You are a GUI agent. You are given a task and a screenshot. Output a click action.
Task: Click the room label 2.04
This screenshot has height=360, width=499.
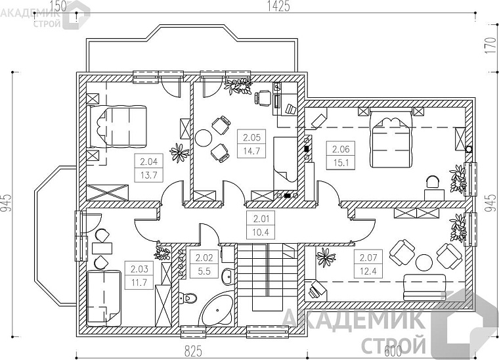[149, 162]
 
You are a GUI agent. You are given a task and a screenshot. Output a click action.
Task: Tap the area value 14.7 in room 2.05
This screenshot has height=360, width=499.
[251, 151]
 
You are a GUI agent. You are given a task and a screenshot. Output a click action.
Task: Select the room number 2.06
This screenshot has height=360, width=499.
[341, 149]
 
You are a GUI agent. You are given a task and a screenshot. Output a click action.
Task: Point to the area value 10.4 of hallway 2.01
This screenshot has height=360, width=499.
[261, 233]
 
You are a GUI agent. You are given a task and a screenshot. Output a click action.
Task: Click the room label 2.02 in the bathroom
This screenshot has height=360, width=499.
[204, 257]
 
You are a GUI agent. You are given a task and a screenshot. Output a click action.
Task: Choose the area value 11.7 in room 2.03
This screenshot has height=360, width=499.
[139, 282]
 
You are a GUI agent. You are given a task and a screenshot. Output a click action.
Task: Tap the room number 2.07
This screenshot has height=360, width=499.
[368, 257]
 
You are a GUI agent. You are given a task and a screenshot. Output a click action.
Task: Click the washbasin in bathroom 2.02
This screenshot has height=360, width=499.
[228, 277]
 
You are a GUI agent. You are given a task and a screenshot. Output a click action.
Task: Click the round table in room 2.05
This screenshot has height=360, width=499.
[204, 138]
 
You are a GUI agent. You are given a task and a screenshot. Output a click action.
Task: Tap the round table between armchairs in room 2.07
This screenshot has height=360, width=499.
[424, 262]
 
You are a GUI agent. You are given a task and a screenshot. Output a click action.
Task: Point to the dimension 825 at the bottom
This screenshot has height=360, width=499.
[193, 351]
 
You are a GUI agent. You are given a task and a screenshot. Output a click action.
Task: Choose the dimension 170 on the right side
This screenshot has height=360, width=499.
[492, 45]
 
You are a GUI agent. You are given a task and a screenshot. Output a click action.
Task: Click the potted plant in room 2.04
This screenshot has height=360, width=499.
[179, 153]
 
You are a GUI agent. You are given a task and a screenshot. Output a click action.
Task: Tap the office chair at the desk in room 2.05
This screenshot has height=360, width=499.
[263, 97]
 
